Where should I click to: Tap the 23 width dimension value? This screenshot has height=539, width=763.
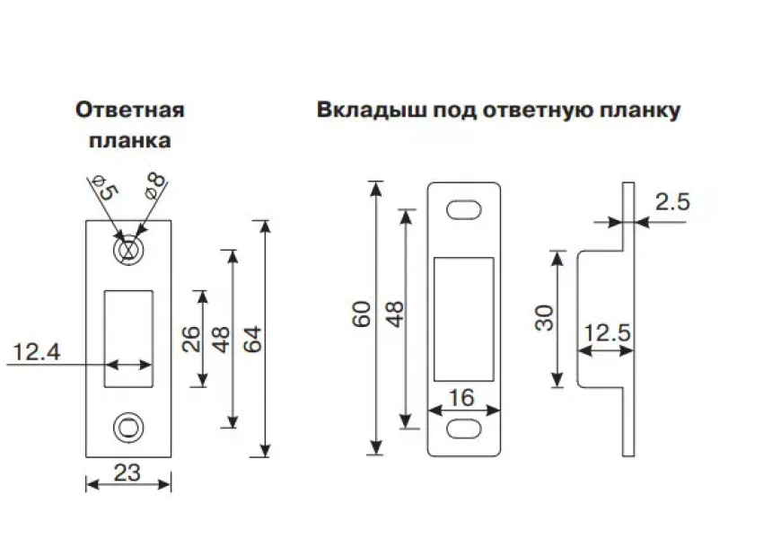tap(127, 473)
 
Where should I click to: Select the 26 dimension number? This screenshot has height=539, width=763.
tap(189, 339)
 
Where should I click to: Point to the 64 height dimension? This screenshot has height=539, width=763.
tap(251, 339)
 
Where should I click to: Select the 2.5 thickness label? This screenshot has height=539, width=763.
tap(671, 202)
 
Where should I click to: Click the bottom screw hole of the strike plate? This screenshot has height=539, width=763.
tap(128, 426)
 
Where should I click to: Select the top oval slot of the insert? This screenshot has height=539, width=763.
tap(464, 209)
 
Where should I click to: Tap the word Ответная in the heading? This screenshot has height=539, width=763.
tap(130, 110)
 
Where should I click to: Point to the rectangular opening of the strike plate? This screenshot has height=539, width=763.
tap(128, 339)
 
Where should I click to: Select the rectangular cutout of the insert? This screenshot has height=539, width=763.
tap(464, 318)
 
